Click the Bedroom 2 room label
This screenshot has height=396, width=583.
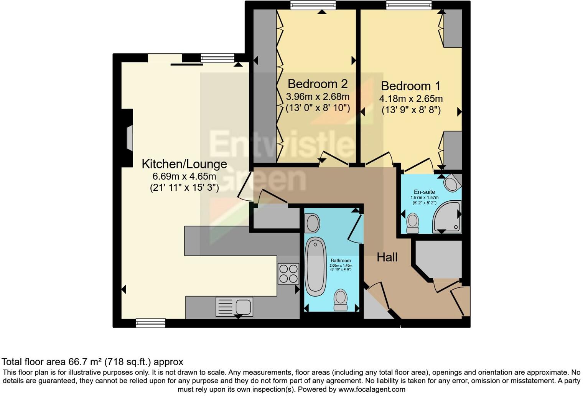(x=317, y=84)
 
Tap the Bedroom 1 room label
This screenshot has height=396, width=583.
(x=410, y=86)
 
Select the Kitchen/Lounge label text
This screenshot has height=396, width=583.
(x=184, y=164)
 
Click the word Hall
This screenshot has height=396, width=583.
(x=387, y=257)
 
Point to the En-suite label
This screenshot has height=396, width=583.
(x=424, y=192)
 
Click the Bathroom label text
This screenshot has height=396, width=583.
(x=341, y=261)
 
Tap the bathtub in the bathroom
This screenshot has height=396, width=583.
(x=316, y=266)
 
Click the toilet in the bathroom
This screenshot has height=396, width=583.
(x=340, y=300)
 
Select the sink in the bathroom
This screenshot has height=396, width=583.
(x=312, y=223)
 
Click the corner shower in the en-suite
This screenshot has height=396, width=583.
(x=447, y=217)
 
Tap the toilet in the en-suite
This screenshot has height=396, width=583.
(x=413, y=223)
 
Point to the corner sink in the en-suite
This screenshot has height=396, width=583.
(x=452, y=183)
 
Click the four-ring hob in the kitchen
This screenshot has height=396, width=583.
(x=288, y=273)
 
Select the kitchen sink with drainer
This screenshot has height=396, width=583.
(x=234, y=307)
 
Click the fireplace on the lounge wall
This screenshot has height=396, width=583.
(x=129, y=138)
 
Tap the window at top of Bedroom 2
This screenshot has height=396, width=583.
(x=313, y=5)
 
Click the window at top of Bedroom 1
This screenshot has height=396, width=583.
(x=409, y=5)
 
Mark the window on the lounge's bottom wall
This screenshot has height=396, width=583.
(x=151, y=323)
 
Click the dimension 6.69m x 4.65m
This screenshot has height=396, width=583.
(x=184, y=177)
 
